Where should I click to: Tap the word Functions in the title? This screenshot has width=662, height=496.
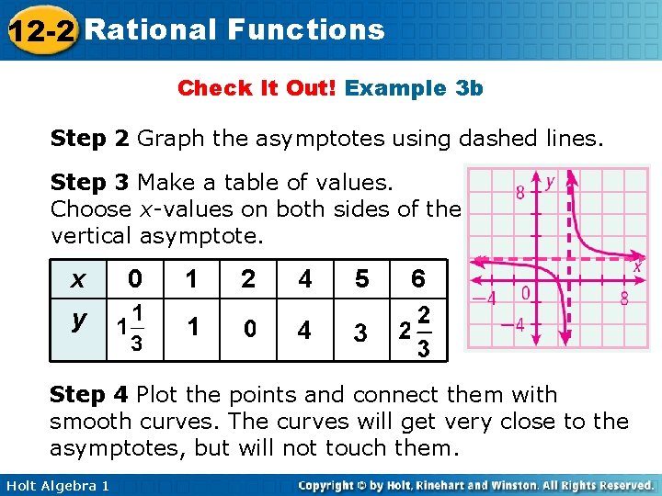tap(305, 29)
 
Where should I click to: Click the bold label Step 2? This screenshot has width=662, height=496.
tap(90, 139)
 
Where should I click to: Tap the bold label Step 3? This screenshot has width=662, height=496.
tap(90, 182)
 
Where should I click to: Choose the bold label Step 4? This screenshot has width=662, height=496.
tap(90, 395)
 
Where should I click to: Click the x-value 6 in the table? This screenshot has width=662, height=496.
tap(418, 278)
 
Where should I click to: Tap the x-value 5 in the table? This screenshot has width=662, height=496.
tap(361, 278)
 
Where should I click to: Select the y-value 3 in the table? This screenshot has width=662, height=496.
tap(361, 332)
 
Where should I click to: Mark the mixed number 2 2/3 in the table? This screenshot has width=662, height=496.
tap(413, 331)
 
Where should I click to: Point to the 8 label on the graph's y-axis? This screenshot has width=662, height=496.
tap(520, 192)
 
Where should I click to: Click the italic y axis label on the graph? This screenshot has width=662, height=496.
tap(551, 181)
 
